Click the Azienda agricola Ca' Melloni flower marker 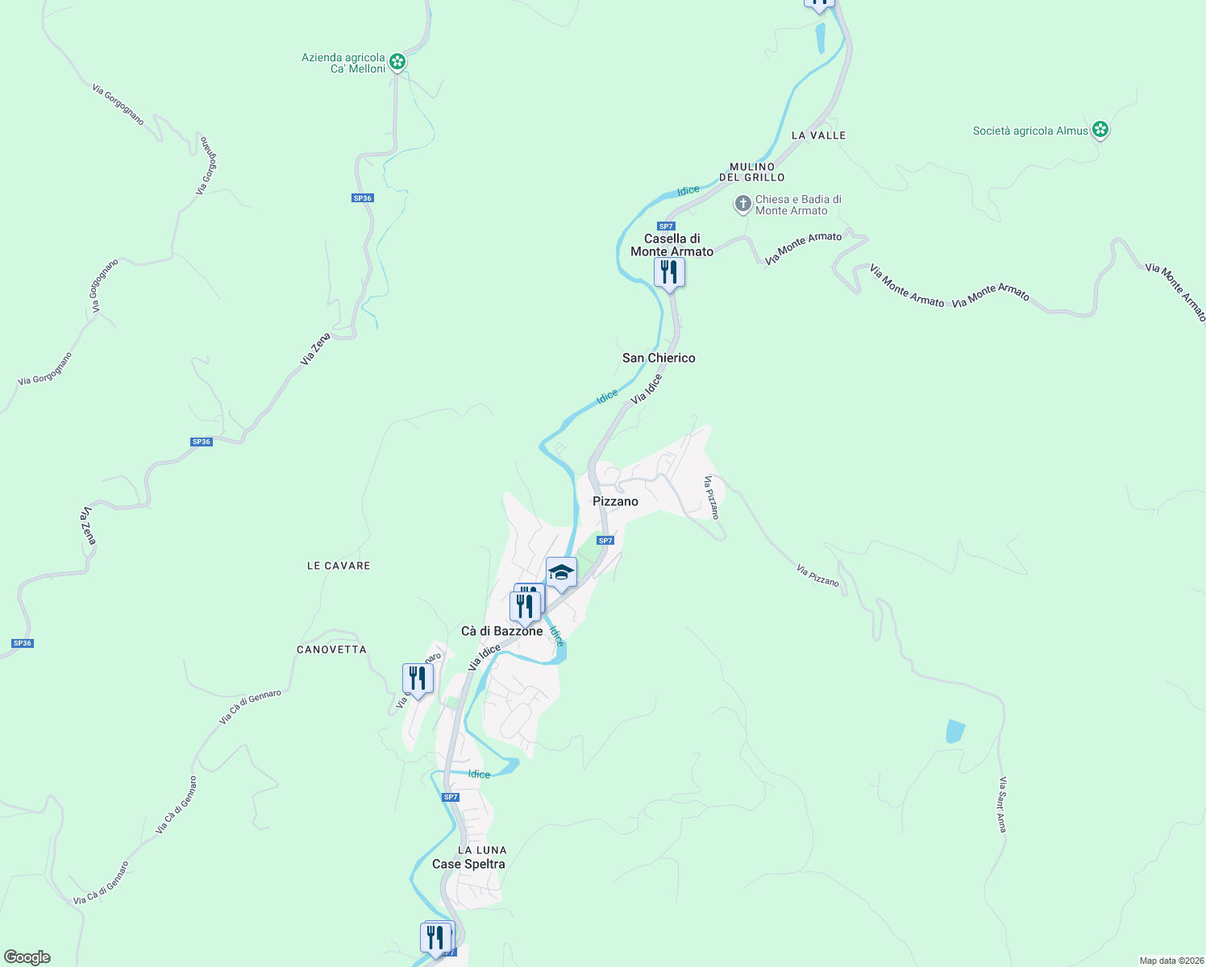tap(397, 61)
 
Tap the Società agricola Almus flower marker tap(1100, 130)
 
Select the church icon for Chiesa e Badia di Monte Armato tap(742, 204)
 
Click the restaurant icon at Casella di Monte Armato tap(669, 272)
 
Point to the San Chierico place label tap(659, 358)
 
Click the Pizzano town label tap(615, 501)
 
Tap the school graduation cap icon tap(561, 573)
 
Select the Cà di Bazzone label tap(501, 631)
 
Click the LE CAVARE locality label tap(339, 566)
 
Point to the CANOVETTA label tap(331, 650)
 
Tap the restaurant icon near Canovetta tap(418, 679)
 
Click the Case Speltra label tap(468, 864)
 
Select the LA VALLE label tap(818, 135)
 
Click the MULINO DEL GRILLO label tap(752, 172)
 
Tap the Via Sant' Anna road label tap(1002, 804)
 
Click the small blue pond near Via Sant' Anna tap(954, 732)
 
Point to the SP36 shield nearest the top tap(363, 198)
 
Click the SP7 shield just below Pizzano tap(605, 541)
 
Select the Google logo tap(27, 957)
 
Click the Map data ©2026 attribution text tap(1171, 961)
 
